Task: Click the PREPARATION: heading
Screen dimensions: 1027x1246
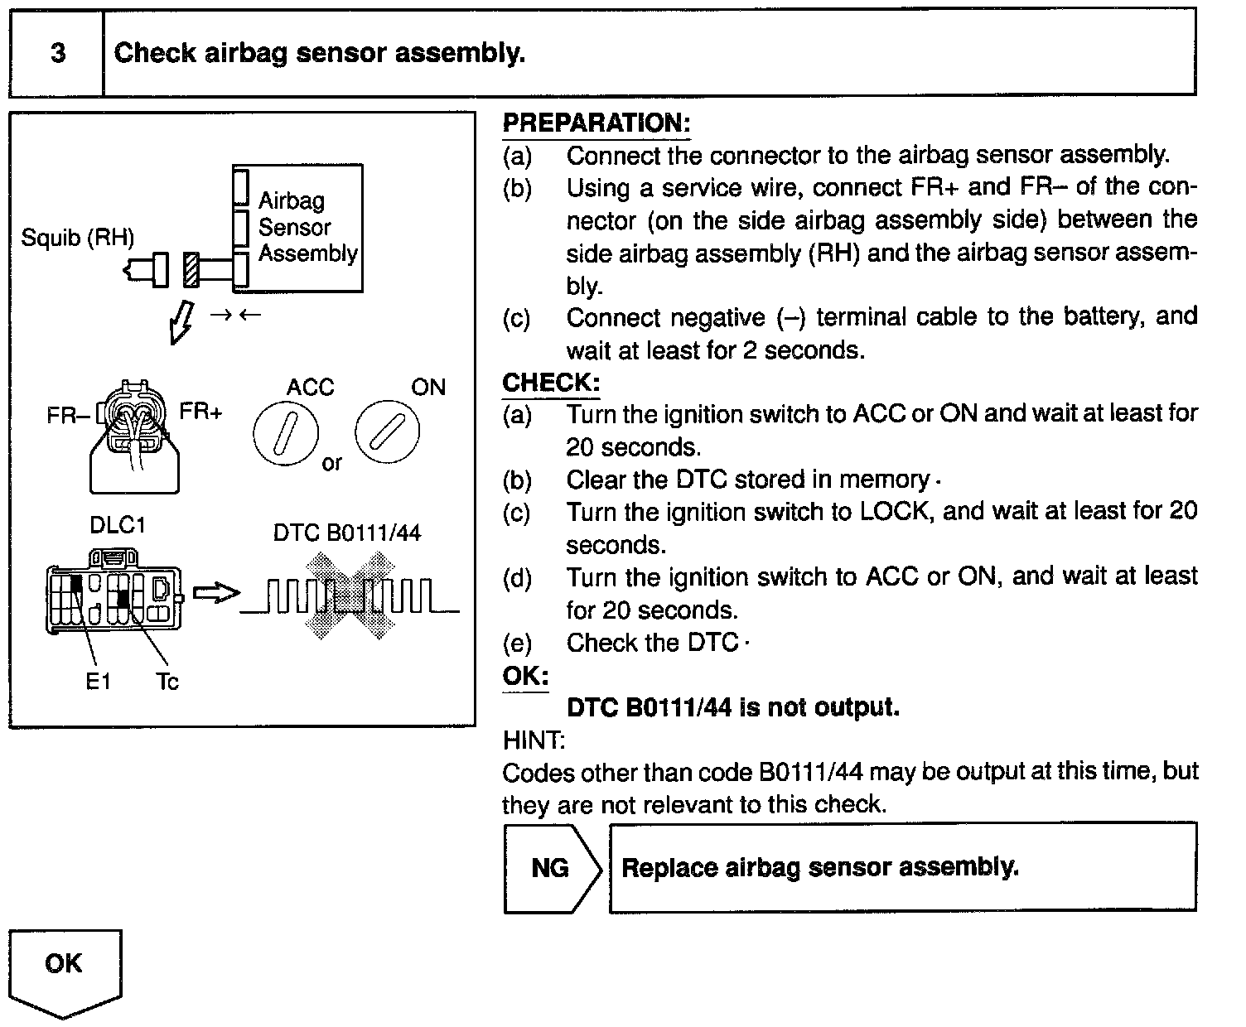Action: point(596,123)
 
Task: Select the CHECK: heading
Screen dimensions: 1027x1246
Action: point(550,383)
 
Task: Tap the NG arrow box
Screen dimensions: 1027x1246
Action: point(551,868)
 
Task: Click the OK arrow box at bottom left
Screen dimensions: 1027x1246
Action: point(65,969)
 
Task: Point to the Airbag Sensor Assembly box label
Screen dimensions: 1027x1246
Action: point(307,227)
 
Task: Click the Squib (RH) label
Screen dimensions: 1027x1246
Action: point(77,238)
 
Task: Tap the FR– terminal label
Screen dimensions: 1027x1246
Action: point(67,415)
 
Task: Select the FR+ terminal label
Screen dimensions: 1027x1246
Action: point(201,412)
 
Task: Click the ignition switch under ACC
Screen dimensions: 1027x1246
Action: point(285,436)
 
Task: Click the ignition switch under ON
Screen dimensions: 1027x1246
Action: point(387,432)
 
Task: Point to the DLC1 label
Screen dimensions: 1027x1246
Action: point(117,526)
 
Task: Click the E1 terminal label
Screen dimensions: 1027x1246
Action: point(98,682)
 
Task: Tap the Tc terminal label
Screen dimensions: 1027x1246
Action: point(167,682)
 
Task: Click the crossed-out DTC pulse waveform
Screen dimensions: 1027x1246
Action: point(350,596)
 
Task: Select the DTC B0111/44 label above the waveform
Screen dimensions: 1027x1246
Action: point(346,533)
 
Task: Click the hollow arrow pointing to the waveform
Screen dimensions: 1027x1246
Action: point(215,593)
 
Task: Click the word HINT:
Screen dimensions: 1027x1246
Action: point(534,740)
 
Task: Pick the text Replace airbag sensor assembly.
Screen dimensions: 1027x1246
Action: point(819,868)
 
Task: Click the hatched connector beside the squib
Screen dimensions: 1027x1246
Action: point(192,269)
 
